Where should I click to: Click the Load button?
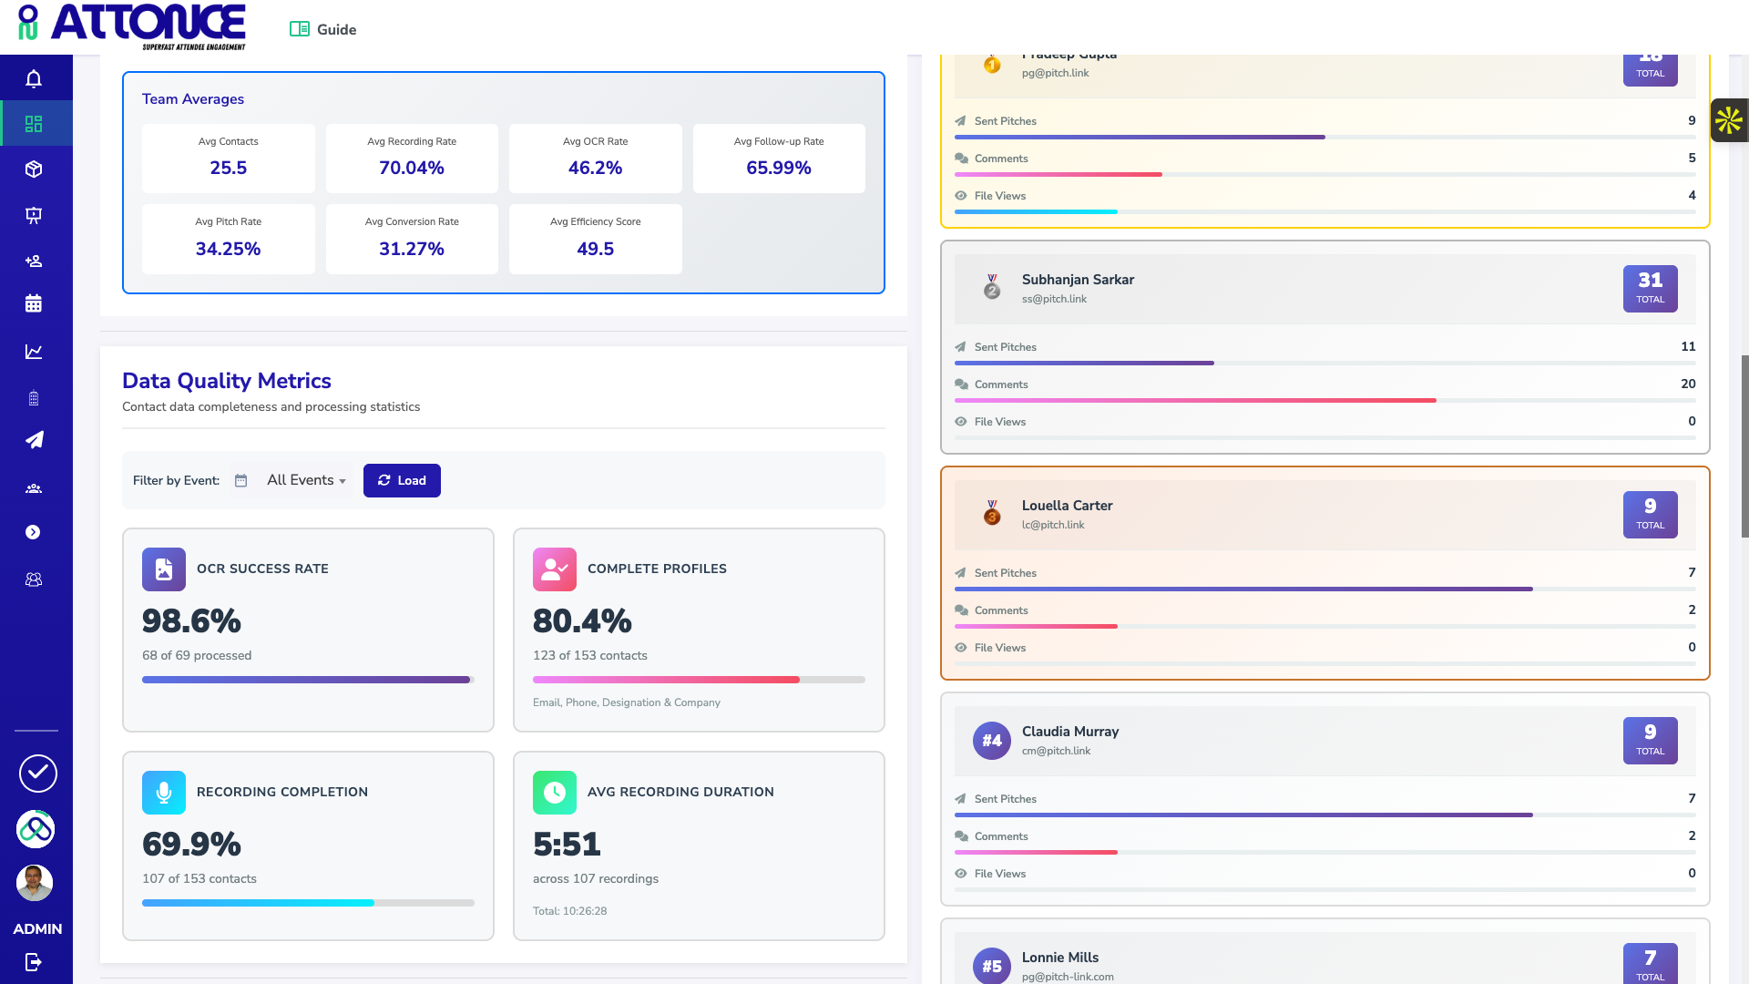pos(402,480)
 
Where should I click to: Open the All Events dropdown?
pos(306,480)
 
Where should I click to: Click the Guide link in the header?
pos(323,29)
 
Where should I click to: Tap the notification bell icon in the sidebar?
pos(34,79)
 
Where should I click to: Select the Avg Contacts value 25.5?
pos(228,168)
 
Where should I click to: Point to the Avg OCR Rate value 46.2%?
pos(595,168)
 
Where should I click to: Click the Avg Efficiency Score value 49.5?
pos(595,249)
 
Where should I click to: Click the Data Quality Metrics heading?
pos(226,381)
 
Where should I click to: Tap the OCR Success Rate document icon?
pos(164,569)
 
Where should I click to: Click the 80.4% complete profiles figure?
pos(582,621)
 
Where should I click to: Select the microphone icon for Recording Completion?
pos(164,793)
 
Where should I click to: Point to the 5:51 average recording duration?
pos(567,845)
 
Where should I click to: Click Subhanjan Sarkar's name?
pos(1078,280)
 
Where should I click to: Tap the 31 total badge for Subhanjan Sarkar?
pos(1650,288)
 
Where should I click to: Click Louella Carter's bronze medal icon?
pos(992,513)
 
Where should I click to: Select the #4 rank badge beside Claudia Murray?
pos(992,741)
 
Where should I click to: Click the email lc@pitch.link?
pos(1053,525)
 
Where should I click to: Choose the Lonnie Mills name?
pos(1060,958)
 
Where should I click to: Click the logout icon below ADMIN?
pos(34,962)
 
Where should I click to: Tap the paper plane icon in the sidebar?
pos(35,440)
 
